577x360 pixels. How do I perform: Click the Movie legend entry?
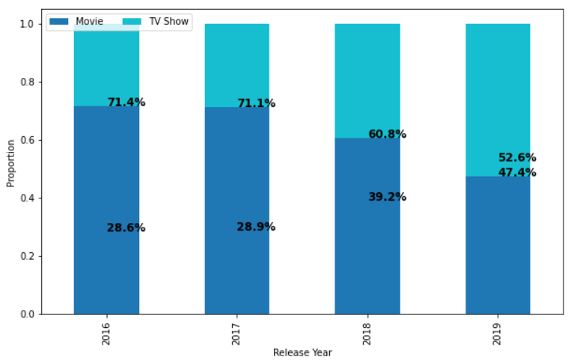coord(76,22)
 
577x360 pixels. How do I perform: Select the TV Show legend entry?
coord(156,22)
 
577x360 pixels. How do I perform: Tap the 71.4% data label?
coord(126,102)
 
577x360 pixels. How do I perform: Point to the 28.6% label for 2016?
coord(126,228)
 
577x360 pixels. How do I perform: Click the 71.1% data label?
coord(256,103)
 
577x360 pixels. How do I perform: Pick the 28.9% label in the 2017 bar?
coord(256,227)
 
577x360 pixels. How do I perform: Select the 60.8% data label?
coord(387,134)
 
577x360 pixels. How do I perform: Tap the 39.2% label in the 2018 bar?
coord(387,197)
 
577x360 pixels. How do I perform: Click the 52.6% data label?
coord(517,157)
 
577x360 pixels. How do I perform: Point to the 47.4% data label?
coord(517,172)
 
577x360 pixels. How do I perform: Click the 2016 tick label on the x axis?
coord(106,334)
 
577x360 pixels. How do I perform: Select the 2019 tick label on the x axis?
coord(497,334)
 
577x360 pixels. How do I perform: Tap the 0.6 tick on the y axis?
coord(27,140)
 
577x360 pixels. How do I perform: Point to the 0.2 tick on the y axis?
coord(27,256)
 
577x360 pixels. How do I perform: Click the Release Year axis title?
coord(302,353)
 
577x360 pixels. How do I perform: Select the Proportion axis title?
coord(10,163)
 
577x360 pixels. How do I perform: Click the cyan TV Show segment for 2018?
coord(367,81)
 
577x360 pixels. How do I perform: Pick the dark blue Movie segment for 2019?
coord(498,245)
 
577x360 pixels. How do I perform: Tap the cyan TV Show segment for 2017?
coord(237,66)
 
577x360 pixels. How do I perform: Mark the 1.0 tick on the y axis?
coord(27,24)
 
